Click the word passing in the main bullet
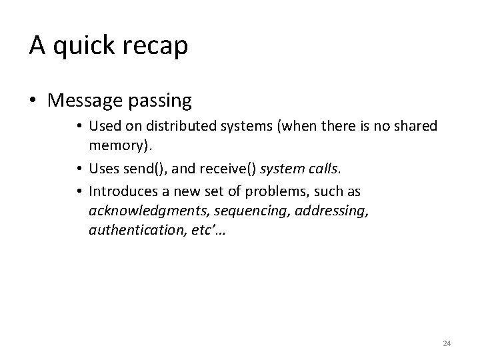pos(160,101)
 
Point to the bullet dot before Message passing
pos(34,101)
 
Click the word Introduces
pos(125,192)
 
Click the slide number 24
pos(447,343)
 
